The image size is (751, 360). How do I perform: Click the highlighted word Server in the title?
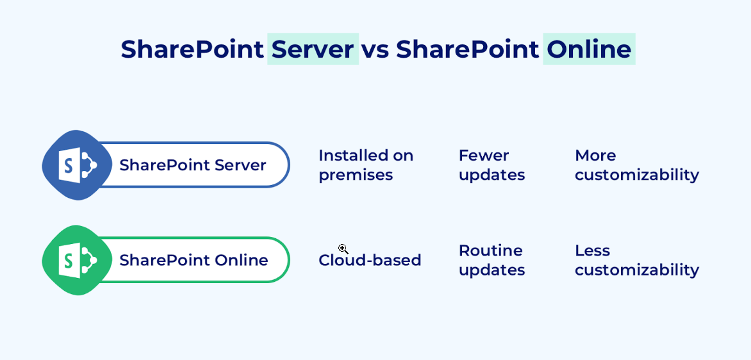point(313,49)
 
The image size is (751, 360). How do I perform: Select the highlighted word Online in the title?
point(589,49)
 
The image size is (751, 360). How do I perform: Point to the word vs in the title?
point(375,49)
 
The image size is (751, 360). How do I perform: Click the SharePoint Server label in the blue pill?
point(192,165)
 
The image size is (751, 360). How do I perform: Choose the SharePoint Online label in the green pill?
point(194,260)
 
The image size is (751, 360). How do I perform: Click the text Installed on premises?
point(366,165)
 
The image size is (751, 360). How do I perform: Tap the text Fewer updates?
point(491,165)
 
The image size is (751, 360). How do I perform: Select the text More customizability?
point(636,165)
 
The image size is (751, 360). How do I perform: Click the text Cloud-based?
point(370,260)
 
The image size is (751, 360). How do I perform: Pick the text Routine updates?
point(491,260)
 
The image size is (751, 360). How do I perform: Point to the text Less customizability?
point(636,260)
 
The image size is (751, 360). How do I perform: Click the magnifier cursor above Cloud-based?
point(343,249)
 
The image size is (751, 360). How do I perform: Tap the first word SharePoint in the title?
point(192,49)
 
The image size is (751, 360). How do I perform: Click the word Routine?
point(491,250)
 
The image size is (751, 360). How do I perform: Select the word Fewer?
point(484,156)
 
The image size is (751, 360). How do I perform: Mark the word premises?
point(356,175)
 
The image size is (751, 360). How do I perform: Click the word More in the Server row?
point(595,156)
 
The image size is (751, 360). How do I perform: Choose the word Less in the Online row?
point(592,250)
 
